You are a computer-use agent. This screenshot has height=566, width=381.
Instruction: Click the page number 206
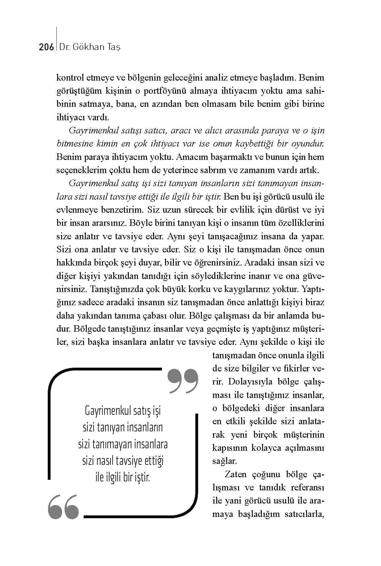click(x=46, y=47)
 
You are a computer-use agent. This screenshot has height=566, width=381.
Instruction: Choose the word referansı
click(x=308, y=488)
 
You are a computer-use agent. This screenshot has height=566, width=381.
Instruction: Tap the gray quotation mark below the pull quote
click(x=63, y=506)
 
